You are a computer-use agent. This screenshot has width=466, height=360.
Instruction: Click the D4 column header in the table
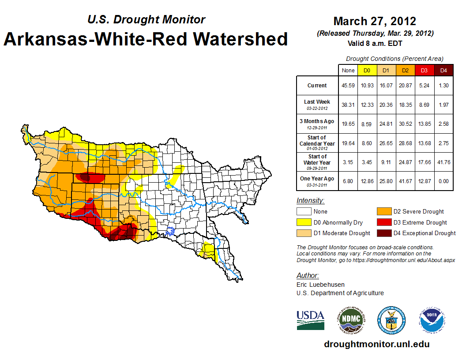click(443, 70)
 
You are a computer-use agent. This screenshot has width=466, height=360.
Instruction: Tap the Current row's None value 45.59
click(348, 86)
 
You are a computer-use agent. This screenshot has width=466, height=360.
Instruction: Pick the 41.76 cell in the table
click(443, 162)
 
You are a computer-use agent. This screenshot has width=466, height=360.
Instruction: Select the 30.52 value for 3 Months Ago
click(405, 124)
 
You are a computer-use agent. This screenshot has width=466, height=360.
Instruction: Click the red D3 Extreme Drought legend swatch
click(384, 222)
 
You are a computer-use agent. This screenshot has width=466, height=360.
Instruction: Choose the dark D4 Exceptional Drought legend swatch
click(384, 233)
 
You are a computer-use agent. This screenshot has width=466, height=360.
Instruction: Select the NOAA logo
click(432, 320)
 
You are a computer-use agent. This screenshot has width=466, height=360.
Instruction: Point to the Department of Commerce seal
click(391, 320)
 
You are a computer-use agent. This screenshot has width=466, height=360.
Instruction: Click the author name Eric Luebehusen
click(320, 285)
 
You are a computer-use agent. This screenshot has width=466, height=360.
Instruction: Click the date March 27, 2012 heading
click(375, 21)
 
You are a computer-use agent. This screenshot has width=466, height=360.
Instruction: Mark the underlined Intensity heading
click(310, 201)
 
